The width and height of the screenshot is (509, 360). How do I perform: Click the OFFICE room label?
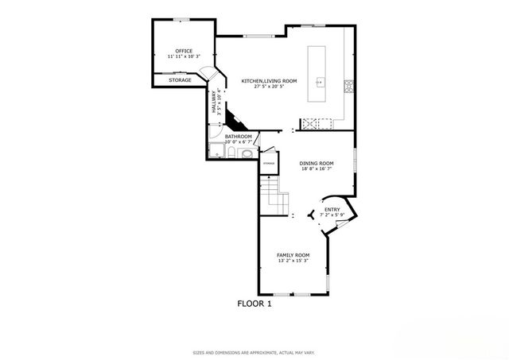pos(184,51)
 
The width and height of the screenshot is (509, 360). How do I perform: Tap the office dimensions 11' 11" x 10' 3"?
pos(184,57)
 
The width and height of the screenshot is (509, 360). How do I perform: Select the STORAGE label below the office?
pos(180,80)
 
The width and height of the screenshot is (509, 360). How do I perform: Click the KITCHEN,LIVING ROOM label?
pos(269,80)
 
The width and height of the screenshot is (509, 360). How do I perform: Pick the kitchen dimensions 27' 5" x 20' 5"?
pos(269,87)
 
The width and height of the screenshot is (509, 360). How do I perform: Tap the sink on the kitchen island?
pos(320,80)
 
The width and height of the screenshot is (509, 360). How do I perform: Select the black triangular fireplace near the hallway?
pos(234,122)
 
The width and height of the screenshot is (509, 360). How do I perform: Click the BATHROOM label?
pos(238,137)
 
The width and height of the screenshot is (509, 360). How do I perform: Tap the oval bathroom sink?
pos(247,153)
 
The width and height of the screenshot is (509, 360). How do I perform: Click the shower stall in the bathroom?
pos(216,151)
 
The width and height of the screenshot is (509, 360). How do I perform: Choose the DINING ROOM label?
pos(317,163)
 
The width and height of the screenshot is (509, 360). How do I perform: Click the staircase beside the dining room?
pos(274,193)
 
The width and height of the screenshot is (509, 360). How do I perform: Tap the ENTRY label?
pos(331,210)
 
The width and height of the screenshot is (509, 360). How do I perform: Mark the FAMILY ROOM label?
pos(293,254)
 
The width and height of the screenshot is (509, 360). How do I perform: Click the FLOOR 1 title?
pos(254,303)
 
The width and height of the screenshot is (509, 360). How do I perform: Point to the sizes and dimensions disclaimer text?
pos(254,352)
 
